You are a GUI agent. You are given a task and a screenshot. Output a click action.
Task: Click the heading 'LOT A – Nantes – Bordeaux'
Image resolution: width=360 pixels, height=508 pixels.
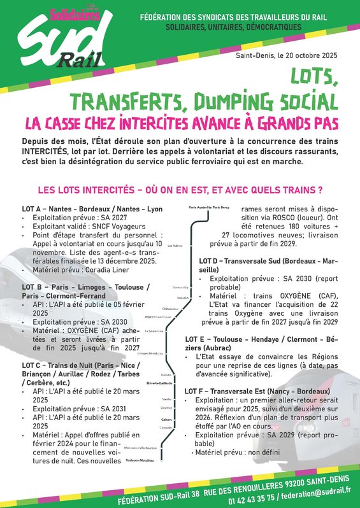coord(92,209)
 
